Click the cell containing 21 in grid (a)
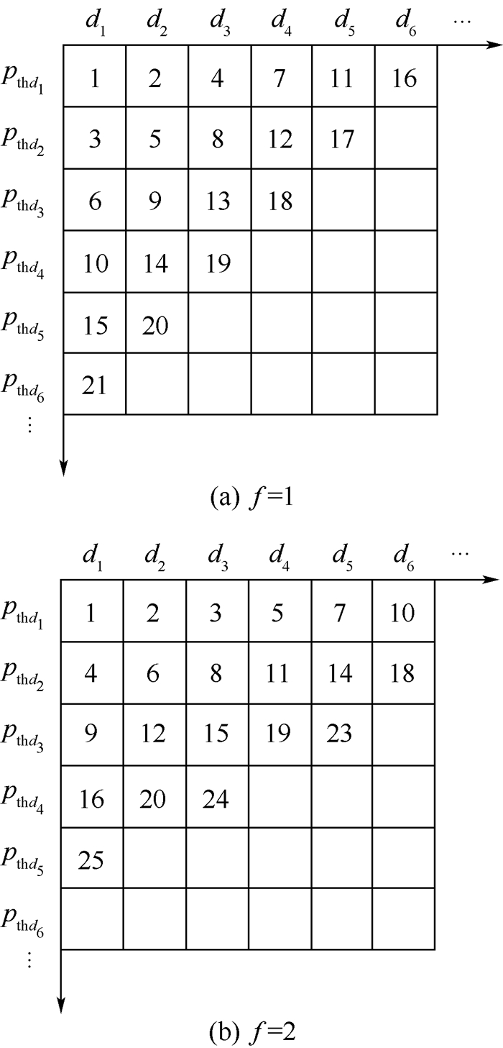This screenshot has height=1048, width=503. click(x=94, y=383)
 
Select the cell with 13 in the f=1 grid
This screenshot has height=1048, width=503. click(x=219, y=199)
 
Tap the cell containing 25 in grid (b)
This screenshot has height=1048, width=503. click(x=92, y=858)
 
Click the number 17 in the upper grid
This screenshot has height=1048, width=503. click(x=342, y=139)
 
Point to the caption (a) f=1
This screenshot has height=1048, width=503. click(x=251, y=497)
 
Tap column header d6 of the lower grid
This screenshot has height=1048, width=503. click(x=404, y=558)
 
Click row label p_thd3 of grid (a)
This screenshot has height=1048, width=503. click(x=22, y=201)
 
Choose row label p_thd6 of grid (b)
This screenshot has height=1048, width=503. click(x=22, y=921)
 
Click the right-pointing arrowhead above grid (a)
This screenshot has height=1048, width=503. click(x=494, y=45)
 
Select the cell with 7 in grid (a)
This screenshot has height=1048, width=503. click(x=282, y=76)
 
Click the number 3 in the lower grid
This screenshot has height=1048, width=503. click(x=216, y=612)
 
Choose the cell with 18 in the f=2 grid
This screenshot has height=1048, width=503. click(x=404, y=673)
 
